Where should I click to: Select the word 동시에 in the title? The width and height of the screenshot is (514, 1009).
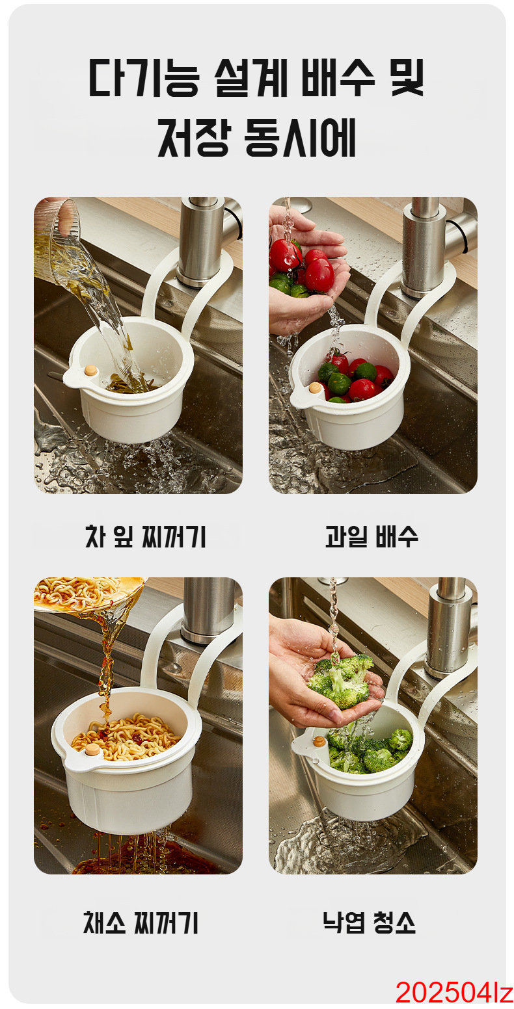[300, 137]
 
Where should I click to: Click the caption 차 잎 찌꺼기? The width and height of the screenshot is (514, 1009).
[145, 536]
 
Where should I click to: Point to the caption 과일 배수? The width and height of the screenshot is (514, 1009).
[372, 536]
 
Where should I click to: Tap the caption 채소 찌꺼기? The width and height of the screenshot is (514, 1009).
[141, 922]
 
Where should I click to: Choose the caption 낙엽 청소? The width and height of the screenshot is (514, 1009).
[369, 922]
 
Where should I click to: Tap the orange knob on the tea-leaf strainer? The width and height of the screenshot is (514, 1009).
[91, 371]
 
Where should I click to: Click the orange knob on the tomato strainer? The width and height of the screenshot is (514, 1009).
[315, 387]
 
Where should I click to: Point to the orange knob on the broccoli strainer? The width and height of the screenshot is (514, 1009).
[319, 740]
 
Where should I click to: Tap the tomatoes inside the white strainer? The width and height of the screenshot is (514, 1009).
[355, 378]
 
